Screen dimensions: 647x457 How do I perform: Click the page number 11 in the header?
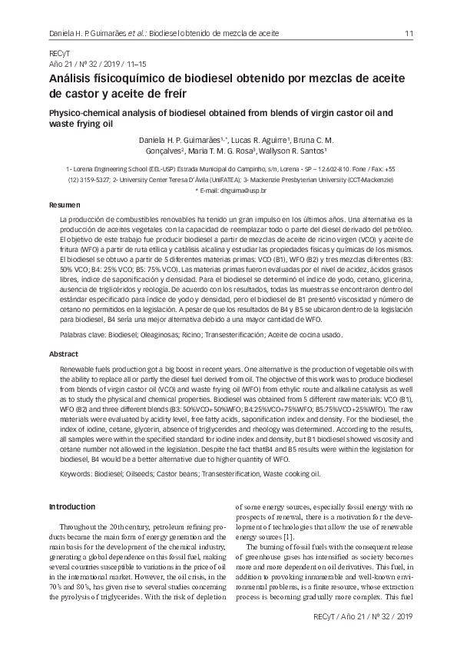click(409, 33)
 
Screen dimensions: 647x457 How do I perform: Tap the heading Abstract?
click(64, 354)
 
